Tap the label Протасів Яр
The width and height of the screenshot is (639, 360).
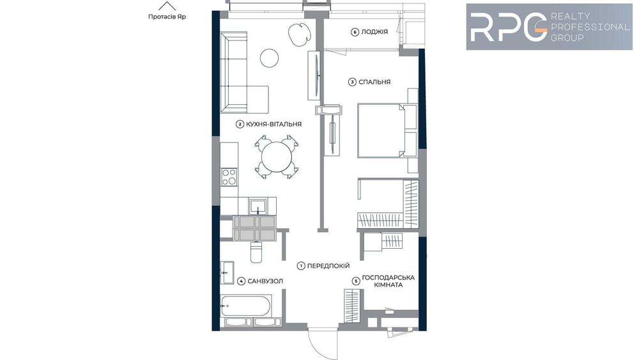click(x=167, y=17)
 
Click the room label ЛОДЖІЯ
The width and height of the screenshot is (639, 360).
click(x=374, y=32)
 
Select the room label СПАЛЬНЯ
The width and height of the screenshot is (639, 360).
click(x=374, y=82)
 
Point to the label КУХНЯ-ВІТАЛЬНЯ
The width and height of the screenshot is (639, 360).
click(x=273, y=125)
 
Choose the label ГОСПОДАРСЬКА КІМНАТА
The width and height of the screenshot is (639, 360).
click(x=389, y=281)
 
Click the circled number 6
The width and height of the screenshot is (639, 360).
click(x=355, y=32)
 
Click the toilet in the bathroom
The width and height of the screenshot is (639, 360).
click(x=256, y=252)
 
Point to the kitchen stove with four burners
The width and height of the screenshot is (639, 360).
click(x=229, y=176)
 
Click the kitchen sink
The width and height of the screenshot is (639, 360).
click(x=258, y=206)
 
